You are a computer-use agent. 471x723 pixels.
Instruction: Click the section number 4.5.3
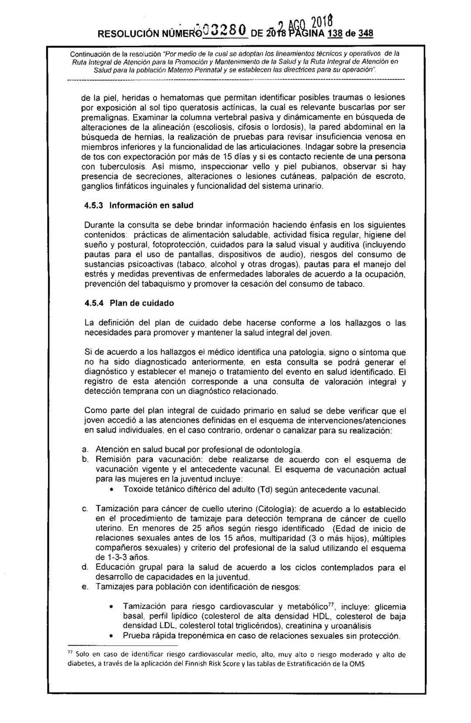(93, 205)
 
